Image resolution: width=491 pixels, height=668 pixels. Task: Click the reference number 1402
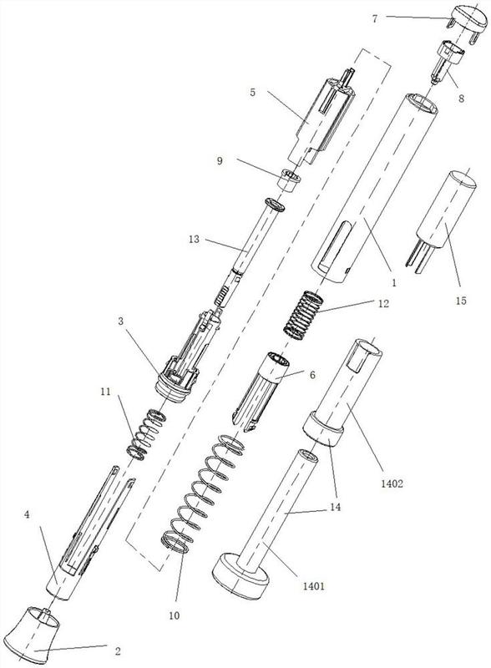392,483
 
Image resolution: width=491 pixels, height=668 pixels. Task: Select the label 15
461,301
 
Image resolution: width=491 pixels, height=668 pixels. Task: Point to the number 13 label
194,239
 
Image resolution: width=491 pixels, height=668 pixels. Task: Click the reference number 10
175,615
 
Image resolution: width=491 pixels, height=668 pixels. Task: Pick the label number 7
375,18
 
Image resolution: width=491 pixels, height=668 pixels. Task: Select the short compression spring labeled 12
303,315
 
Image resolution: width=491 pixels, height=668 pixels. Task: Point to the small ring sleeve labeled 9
290,180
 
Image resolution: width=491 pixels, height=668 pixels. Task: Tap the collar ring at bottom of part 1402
323,429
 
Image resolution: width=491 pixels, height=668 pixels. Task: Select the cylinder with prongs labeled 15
441,220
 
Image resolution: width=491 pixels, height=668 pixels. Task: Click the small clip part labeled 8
445,62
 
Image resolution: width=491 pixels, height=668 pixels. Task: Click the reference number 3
121,321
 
